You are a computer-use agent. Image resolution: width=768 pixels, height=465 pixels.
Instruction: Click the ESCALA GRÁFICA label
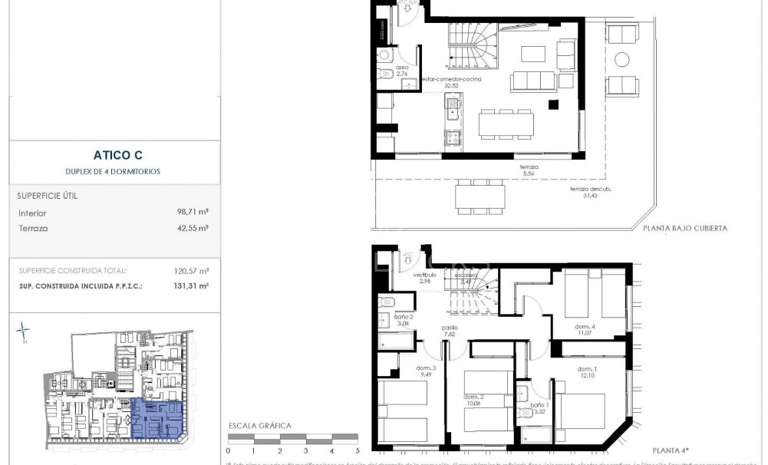pos(256,424)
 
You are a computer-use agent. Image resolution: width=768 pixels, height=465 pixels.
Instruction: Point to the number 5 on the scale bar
pos(358,452)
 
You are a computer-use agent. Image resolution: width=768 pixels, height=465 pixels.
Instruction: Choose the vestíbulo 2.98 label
pos(425,277)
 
